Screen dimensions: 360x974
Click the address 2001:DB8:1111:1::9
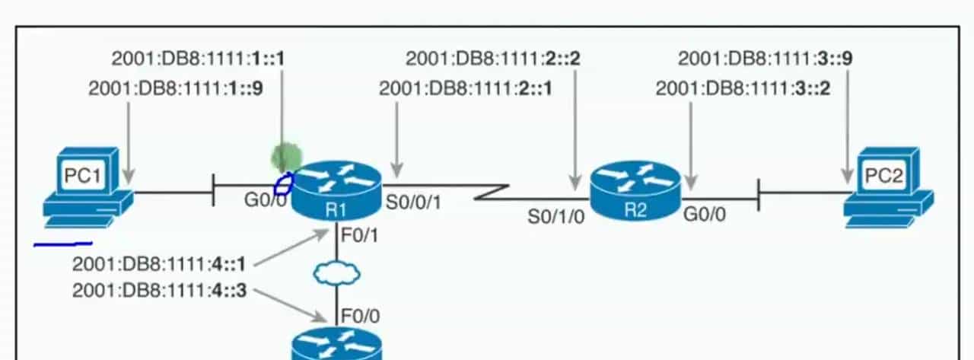click(x=176, y=88)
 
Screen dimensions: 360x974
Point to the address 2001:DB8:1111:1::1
click(x=199, y=58)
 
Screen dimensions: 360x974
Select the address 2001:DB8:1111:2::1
click(x=466, y=88)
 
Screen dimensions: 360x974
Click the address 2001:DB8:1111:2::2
click(x=492, y=58)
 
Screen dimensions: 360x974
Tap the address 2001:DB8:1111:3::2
click(x=743, y=88)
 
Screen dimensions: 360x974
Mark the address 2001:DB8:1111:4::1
click(x=160, y=266)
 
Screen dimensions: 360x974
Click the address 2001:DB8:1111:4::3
click(x=160, y=291)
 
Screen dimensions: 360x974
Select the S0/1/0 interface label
click(x=556, y=216)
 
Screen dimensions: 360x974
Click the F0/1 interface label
click(x=359, y=237)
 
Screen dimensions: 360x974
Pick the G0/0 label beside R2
click(x=704, y=214)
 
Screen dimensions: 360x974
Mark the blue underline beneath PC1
click(x=63, y=244)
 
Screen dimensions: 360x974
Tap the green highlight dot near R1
click(x=286, y=158)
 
